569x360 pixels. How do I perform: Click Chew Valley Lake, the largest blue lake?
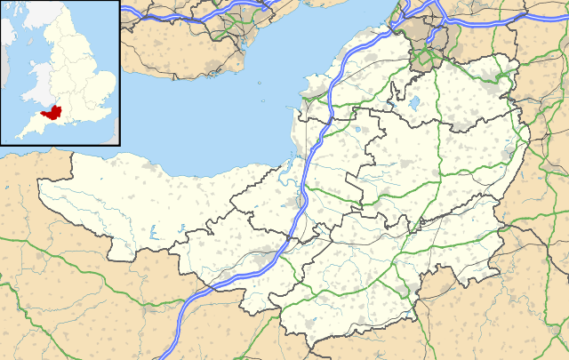(x=414, y=105)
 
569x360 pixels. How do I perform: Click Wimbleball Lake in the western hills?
(x=152, y=234)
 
